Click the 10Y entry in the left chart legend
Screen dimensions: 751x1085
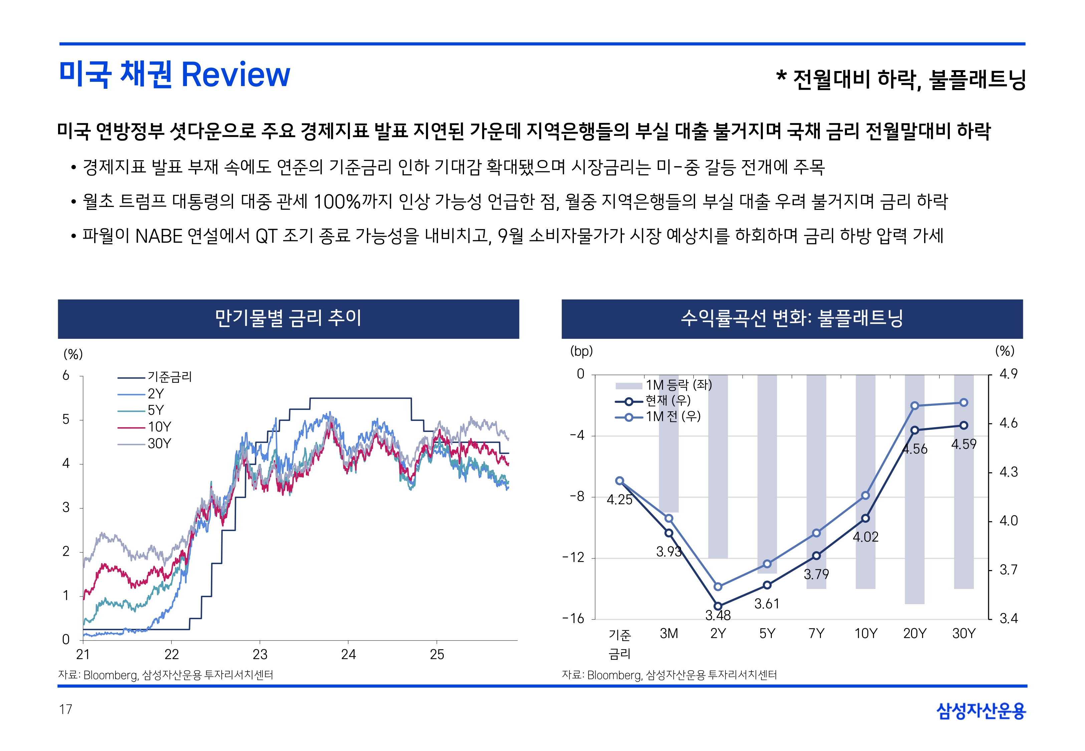(159, 427)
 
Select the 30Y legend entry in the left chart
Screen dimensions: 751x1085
(159, 444)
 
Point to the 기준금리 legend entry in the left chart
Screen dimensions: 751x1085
(169, 377)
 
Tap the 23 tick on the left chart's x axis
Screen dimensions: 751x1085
(260, 655)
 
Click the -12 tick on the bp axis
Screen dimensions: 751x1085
(574, 558)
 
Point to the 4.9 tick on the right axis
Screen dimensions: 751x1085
(1008, 374)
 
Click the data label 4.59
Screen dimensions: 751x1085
(963, 444)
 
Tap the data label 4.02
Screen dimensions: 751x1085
(865, 537)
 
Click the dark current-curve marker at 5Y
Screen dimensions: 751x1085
(767, 585)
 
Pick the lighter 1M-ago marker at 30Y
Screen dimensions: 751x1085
(963, 402)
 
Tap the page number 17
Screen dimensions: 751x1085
(66, 709)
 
